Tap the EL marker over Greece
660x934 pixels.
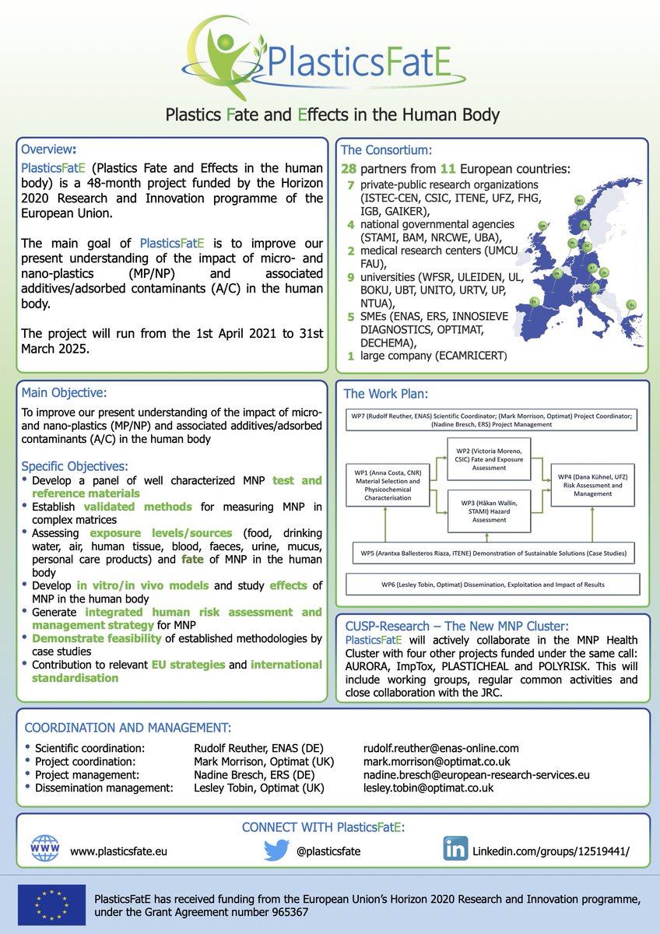(x=631, y=304)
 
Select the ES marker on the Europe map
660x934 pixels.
(x=534, y=301)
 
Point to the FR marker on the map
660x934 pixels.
(x=557, y=274)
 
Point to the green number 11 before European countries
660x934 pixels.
(x=441, y=170)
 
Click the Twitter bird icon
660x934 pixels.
(x=276, y=850)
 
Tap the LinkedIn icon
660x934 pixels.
(x=455, y=850)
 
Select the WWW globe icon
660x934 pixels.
(x=44, y=850)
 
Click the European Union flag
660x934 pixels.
(x=52, y=905)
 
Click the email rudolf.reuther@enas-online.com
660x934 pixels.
(x=441, y=748)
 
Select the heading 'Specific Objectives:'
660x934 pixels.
(x=74, y=466)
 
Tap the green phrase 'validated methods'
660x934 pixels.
(x=149, y=507)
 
